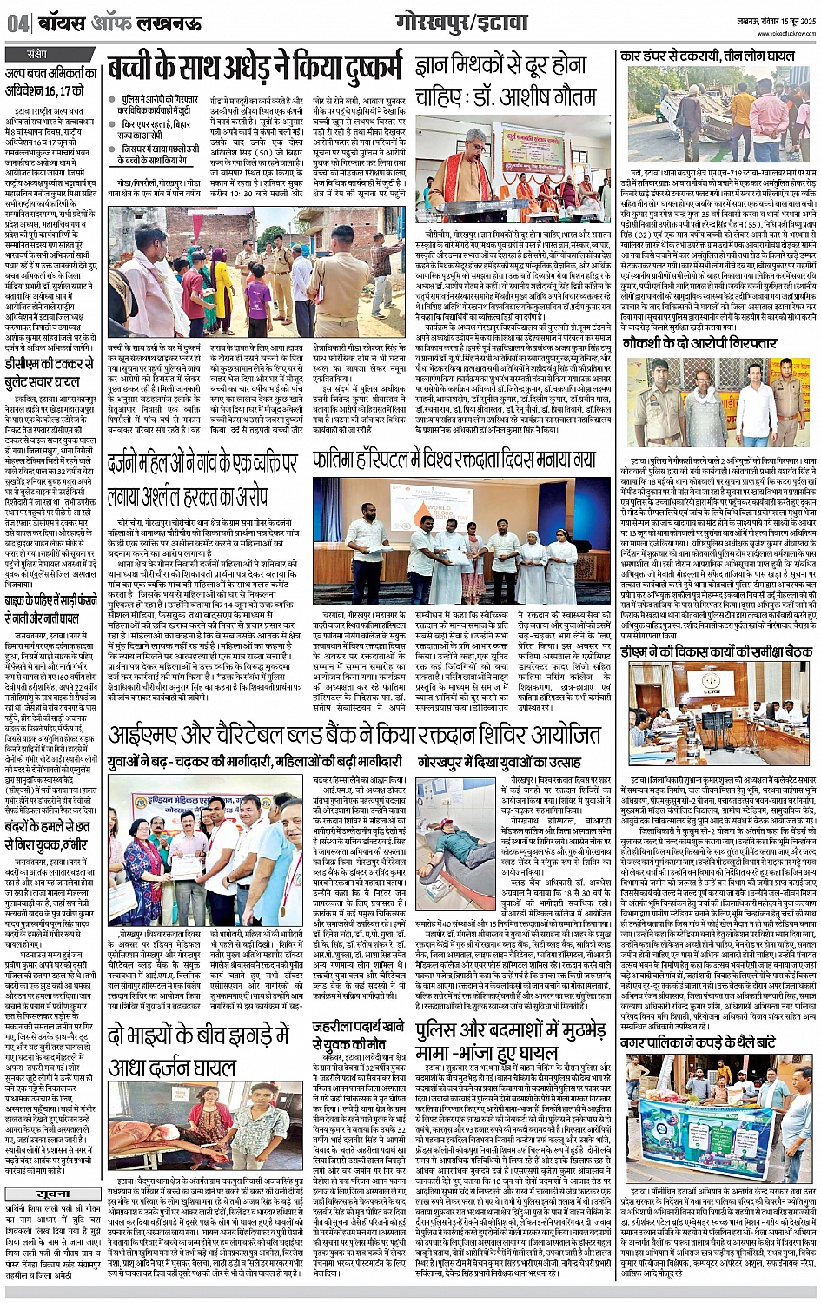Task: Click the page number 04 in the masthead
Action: pyautogui.click(x=16, y=24)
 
